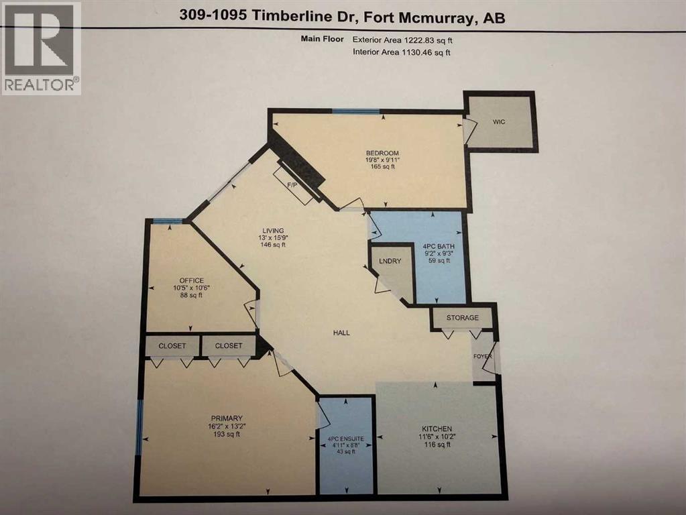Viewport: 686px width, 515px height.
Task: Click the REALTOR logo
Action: click(x=41, y=48)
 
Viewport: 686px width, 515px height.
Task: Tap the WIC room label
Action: click(x=499, y=121)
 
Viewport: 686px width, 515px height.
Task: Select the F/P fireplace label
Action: click(x=292, y=185)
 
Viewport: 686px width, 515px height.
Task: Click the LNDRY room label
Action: click(x=390, y=261)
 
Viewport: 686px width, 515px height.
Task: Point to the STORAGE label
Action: click(x=463, y=318)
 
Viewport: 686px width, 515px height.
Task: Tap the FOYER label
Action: click(x=483, y=356)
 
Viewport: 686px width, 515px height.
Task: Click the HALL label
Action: click(x=341, y=333)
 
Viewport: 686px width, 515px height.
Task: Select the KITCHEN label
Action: click(x=437, y=428)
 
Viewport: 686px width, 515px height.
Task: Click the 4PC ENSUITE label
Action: click(x=345, y=439)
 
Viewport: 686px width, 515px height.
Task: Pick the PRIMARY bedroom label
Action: click(x=227, y=418)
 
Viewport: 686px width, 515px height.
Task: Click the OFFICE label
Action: click(x=192, y=280)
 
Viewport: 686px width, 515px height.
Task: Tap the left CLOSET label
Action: click(x=172, y=345)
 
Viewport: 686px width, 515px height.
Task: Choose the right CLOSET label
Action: click(x=229, y=345)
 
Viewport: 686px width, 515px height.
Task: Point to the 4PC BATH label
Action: click(x=439, y=246)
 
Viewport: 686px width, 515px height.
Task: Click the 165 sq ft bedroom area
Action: click(x=382, y=167)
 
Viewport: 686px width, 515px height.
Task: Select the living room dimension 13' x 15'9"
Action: click(x=273, y=237)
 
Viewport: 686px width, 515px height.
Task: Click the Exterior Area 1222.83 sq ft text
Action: click(x=402, y=40)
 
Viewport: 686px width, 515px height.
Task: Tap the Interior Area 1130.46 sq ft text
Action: click(x=402, y=52)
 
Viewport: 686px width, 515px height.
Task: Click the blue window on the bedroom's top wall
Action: click(x=355, y=111)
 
